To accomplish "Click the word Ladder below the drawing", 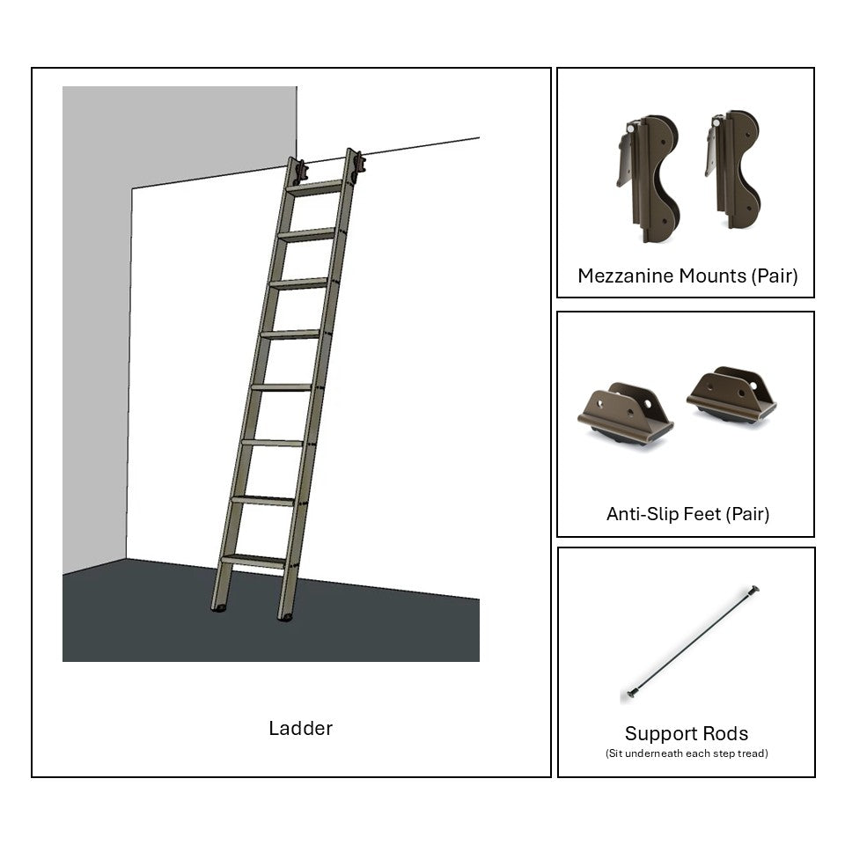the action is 301,729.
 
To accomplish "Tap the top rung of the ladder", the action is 315,188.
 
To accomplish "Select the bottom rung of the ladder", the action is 253,561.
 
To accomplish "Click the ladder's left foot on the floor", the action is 219,608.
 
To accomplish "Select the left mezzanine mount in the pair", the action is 649,178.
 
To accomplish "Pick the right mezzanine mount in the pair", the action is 733,169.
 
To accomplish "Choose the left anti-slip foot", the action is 625,414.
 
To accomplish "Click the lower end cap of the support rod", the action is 632,693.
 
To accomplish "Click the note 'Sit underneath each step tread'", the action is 687,753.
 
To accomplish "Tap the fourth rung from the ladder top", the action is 290,334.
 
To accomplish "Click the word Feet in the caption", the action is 704,514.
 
